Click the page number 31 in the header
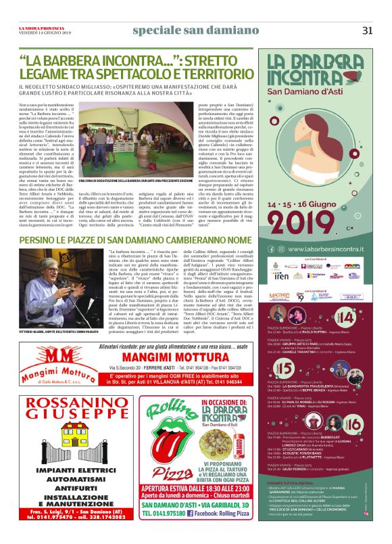367,29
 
